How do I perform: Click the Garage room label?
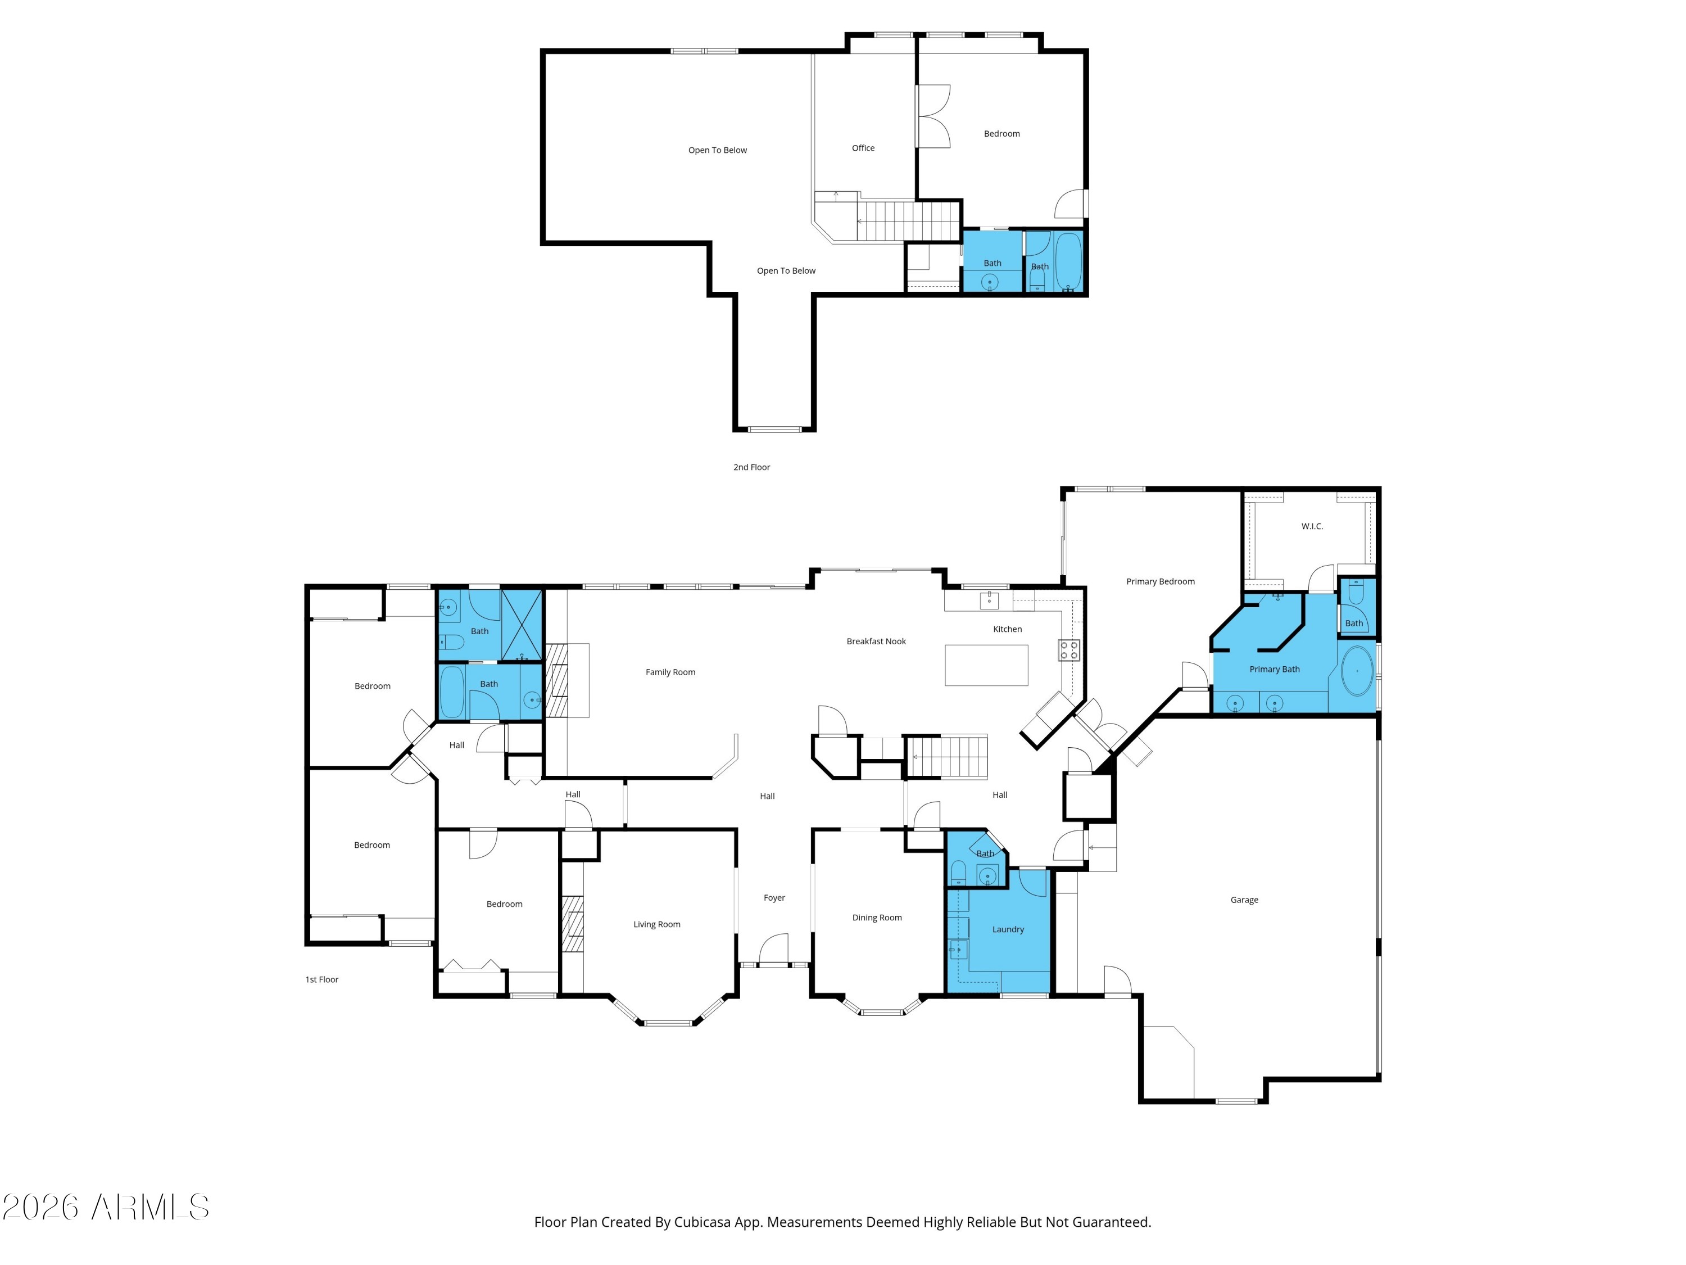click(1244, 900)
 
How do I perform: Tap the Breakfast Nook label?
click(876, 641)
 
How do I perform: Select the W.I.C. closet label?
click(1312, 526)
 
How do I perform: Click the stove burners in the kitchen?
click(1068, 650)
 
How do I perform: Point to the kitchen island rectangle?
click(986, 665)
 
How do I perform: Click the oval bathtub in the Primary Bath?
click(1357, 671)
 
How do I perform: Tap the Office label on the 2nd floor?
click(863, 148)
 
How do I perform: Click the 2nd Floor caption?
click(751, 467)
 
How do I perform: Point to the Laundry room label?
click(1008, 929)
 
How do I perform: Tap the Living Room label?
click(656, 924)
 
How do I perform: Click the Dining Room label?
click(877, 918)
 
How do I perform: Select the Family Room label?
click(670, 672)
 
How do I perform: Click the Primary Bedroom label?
click(1160, 581)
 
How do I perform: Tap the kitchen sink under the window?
click(989, 600)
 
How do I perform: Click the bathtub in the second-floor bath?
click(1068, 261)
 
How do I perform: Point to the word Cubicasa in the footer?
click(704, 1222)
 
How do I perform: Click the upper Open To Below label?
click(717, 150)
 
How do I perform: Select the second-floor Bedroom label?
click(1001, 133)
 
